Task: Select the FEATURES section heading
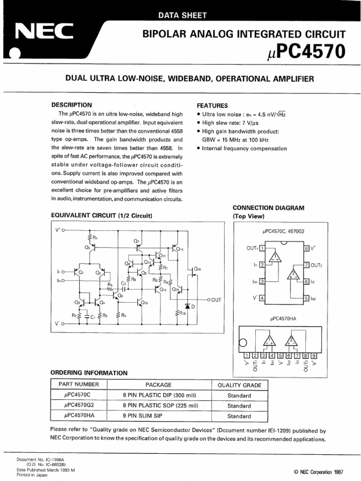coord(212,106)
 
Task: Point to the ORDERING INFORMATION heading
coord(89,373)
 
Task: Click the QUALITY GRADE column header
coord(239,385)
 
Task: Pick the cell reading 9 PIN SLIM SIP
coord(160,416)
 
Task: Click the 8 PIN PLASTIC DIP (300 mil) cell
coord(160,396)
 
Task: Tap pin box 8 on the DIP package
coord(306,248)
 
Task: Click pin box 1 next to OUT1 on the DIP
coord(262,248)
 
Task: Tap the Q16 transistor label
coord(197,269)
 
